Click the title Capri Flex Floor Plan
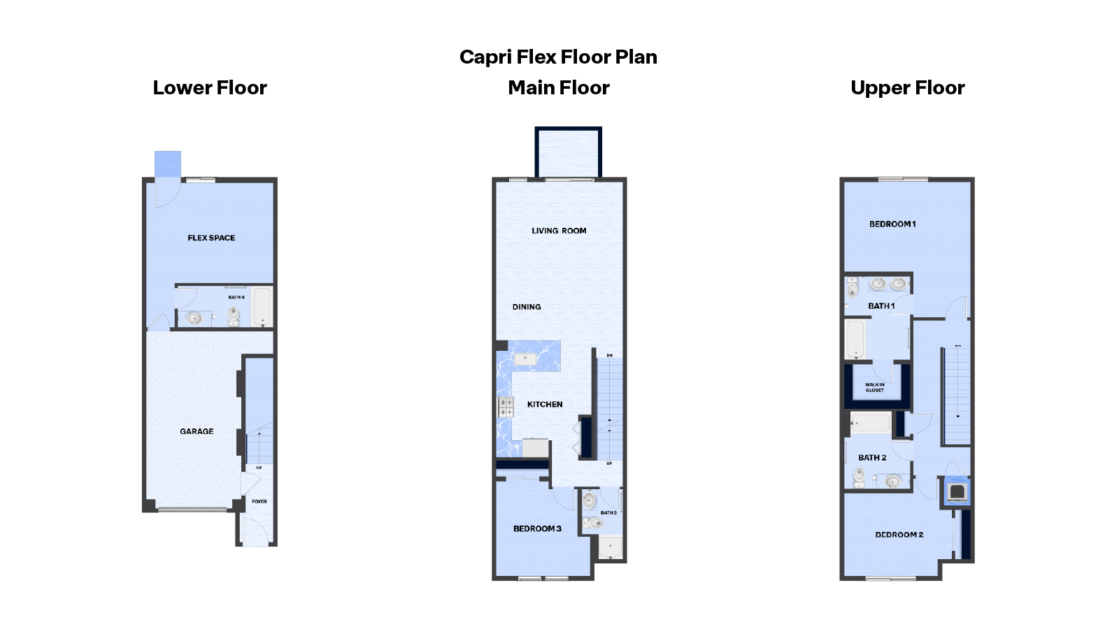558,57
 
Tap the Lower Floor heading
210,88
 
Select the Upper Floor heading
907,88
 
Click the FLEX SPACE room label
211,238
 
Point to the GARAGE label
197,431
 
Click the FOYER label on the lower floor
259,501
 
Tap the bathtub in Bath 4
262,306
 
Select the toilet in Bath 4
234,315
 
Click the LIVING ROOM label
559,231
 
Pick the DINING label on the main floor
527,307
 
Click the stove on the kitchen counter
505,407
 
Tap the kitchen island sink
525,359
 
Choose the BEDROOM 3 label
537,528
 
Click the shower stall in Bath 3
610,547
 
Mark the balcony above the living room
568,152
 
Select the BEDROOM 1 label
892,224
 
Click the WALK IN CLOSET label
874,387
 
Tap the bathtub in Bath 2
871,423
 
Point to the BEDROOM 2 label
899,535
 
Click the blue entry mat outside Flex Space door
168,164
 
